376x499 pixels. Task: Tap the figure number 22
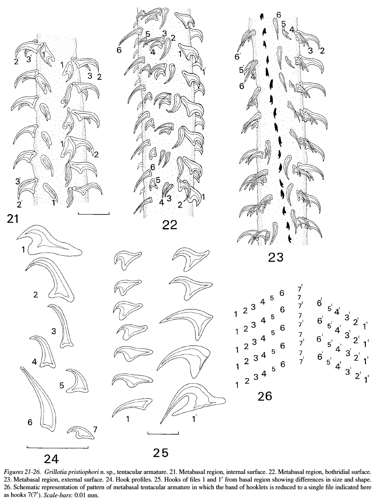[169, 225]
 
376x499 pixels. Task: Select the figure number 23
[276, 257]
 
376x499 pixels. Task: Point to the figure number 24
[52, 459]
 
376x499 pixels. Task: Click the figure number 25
[161, 452]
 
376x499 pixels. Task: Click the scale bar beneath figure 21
[94, 214]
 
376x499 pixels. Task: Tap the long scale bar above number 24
[57, 448]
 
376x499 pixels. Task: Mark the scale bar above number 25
[163, 433]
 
